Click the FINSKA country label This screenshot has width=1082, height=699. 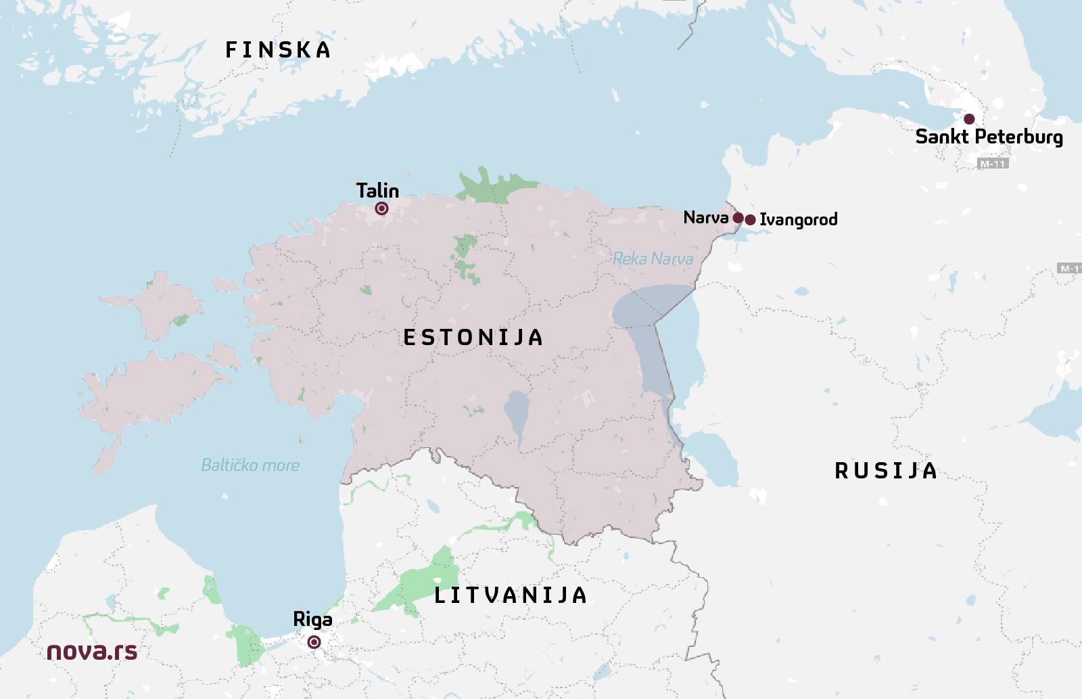[278, 50]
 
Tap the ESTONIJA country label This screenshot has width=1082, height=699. [473, 337]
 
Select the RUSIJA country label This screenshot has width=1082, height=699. [886, 471]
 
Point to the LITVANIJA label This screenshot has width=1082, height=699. [511, 595]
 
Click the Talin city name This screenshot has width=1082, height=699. [377, 190]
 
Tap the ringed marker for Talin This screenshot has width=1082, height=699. [381, 208]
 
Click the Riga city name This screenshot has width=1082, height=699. [312, 619]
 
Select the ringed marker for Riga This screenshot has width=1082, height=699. [314, 641]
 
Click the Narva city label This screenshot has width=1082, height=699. [705, 217]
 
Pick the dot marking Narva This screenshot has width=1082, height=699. [738, 218]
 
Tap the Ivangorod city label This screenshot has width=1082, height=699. [799, 219]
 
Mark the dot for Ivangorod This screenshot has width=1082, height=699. [750, 219]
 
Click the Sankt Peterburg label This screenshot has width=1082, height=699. [989, 137]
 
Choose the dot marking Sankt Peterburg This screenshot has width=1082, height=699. [969, 119]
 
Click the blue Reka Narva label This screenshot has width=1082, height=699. [653, 258]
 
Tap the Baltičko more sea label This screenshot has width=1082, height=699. [250, 466]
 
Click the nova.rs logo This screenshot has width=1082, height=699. [92, 651]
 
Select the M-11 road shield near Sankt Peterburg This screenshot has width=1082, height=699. [993, 164]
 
